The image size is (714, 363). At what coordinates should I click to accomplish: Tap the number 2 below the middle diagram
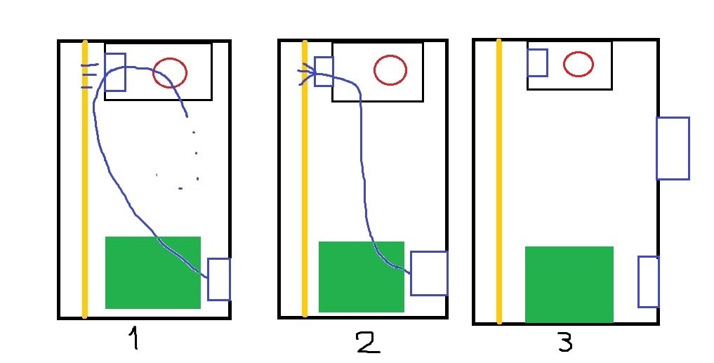coord(369,343)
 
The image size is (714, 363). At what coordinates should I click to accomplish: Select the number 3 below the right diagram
coord(565,342)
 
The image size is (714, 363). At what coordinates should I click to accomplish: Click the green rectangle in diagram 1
coord(153,272)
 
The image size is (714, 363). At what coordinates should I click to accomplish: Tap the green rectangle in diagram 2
coord(362,277)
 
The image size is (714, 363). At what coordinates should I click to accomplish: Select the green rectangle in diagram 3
coord(569,284)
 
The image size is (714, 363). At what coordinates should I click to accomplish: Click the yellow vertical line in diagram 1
coord(84,180)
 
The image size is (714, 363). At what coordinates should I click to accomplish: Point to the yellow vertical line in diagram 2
coord(305,178)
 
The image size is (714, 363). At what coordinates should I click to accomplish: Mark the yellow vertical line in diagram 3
coord(499,181)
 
